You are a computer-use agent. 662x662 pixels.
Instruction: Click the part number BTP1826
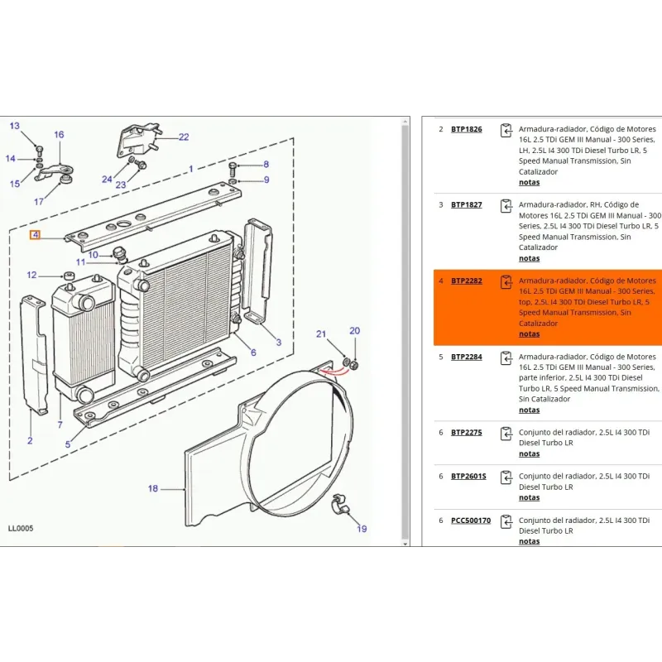[466, 129]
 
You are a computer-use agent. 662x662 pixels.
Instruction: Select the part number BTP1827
[466, 204]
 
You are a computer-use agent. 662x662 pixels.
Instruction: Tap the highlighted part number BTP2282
[466, 281]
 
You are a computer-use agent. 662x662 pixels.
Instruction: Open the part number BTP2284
[466, 357]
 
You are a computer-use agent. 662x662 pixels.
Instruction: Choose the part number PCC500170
[471, 520]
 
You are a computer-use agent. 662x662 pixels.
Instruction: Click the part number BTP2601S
[468, 477]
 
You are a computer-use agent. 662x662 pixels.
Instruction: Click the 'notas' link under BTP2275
[529, 453]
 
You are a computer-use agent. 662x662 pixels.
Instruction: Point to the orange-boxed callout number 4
[35, 235]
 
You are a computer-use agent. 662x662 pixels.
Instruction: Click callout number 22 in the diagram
[184, 137]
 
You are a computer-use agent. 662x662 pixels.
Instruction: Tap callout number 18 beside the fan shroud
[153, 488]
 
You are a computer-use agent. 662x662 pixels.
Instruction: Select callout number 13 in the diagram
[14, 126]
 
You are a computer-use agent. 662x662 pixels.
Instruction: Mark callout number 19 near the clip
[362, 529]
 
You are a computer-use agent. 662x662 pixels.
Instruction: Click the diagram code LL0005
[21, 528]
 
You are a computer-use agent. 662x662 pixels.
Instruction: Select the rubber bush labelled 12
[69, 277]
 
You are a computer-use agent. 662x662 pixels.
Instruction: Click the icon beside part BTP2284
[506, 358]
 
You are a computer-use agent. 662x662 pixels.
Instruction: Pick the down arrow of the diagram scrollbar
[405, 544]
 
